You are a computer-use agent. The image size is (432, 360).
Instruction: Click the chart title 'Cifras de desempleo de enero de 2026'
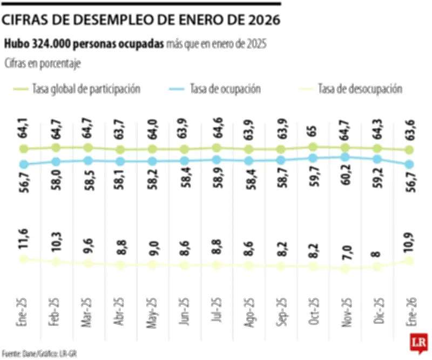pos(141,21)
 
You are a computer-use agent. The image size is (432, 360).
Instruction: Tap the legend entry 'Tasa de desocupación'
pos(360,89)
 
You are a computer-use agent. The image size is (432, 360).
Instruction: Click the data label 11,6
pos(23,239)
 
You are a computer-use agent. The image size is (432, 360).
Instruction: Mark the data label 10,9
pos(409,241)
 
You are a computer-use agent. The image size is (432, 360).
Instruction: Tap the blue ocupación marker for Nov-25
pos(345,158)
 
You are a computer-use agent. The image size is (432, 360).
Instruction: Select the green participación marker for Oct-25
pos(313,146)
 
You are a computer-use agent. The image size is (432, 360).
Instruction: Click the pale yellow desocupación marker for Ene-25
pos(23,259)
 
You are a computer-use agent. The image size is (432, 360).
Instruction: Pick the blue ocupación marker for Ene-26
pos(409,164)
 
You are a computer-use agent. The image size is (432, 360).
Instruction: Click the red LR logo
pos(418,343)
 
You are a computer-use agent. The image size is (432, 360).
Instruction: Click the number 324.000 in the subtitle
pos(55,43)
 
